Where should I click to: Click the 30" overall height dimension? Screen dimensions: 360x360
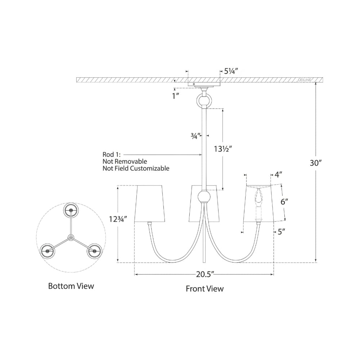[316, 163]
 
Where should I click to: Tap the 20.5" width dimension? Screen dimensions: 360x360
[205, 274]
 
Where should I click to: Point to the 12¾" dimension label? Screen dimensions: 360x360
[118, 219]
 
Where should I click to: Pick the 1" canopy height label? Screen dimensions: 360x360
[176, 96]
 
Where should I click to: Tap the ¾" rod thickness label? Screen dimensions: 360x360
[196, 136]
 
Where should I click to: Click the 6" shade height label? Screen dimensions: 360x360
[284, 202]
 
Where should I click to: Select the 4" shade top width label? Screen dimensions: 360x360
[278, 175]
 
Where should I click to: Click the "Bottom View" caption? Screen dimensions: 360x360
[71, 286]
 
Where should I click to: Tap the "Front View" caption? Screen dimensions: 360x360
[204, 289]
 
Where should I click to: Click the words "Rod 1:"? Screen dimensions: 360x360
[111, 154]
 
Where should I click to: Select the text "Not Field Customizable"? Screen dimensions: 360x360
[136, 168]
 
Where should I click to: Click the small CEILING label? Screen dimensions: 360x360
[305, 80]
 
